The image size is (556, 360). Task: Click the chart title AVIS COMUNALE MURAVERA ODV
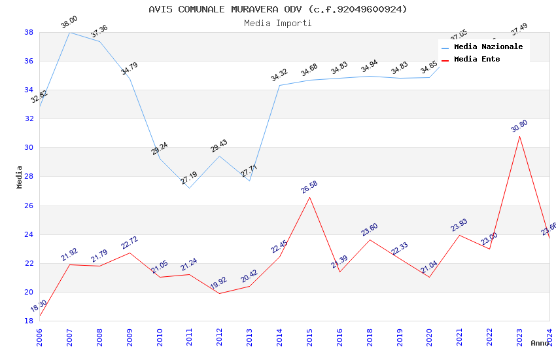(277, 9)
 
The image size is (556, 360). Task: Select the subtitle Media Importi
(277, 23)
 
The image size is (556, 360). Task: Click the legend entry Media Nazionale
(488, 46)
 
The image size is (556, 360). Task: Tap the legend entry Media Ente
(477, 59)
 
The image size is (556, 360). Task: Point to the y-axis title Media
(20, 177)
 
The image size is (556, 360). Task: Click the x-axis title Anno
(540, 343)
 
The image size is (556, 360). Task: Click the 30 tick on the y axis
(29, 148)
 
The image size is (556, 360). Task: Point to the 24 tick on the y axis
(29, 234)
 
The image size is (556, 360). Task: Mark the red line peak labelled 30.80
(519, 136)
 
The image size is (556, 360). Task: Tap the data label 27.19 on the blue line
(189, 177)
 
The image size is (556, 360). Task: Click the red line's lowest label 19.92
(219, 283)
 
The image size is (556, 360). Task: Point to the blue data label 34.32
(279, 75)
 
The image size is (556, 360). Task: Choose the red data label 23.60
(370, 229)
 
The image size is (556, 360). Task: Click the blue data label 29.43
(219, 145)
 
